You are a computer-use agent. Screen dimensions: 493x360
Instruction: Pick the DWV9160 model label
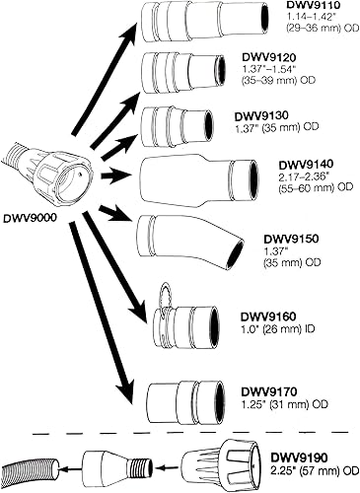269,317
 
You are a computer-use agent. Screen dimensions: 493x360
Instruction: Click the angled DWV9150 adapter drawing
186,238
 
